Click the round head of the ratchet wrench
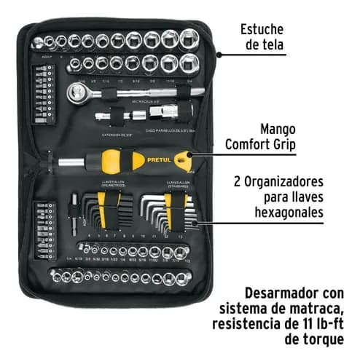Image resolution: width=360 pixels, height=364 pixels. (75, 92)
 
